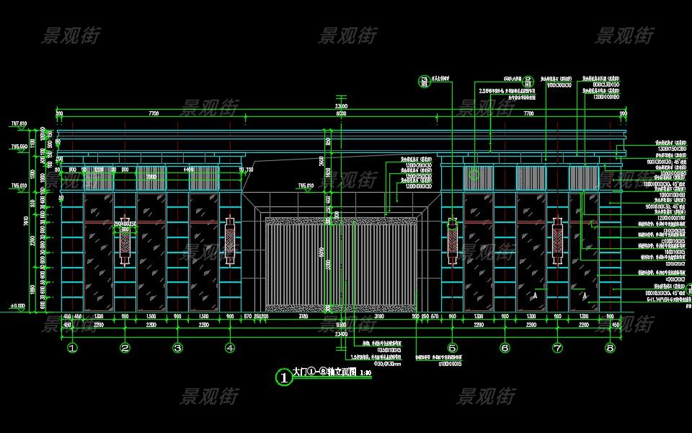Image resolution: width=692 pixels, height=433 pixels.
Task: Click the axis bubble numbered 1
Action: click(72, 348)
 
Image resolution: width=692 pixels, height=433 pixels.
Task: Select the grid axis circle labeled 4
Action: click(230, 348)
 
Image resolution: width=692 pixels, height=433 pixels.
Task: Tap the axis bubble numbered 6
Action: click(505, 348)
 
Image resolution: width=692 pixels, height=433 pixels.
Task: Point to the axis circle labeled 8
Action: click(611, 348)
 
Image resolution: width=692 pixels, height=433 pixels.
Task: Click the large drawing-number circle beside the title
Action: click(285, 376)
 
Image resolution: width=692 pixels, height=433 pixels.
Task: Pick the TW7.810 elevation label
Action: click(18, 124)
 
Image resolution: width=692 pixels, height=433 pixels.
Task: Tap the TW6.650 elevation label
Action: click(19, 146)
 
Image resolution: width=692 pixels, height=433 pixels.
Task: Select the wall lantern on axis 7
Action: click(557, 241)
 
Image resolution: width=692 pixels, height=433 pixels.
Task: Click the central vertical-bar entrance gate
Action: click(342, 263)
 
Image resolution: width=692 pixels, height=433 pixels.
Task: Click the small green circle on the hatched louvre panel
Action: click(474, 173)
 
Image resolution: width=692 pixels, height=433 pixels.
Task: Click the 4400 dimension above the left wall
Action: click(189, 170)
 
